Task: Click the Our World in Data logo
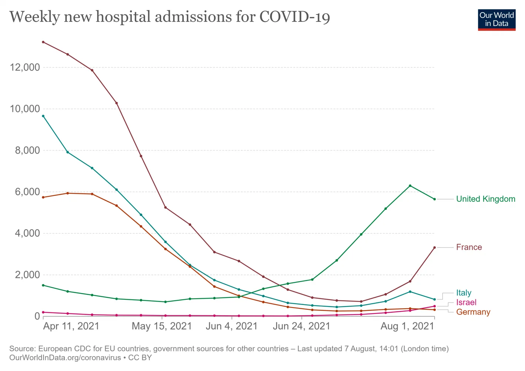(496, 20)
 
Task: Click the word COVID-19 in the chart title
(295, 17)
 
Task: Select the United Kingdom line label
(485, 199)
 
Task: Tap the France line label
(469, 247)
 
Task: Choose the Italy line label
(463, 293)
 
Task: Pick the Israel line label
(466, 303)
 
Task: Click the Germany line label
(473, 312)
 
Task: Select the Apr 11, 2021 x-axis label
(71, 326)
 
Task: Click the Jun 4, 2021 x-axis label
(232, 326)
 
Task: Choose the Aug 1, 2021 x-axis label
(407, 326)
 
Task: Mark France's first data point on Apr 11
(43, 42)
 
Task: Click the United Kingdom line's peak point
(410, 186)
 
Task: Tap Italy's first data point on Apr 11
(43, 116)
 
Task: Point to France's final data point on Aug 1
(434, 247)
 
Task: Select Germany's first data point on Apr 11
(43, 197)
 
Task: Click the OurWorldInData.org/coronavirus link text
(65, 358)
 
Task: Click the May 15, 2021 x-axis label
(162, 326)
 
